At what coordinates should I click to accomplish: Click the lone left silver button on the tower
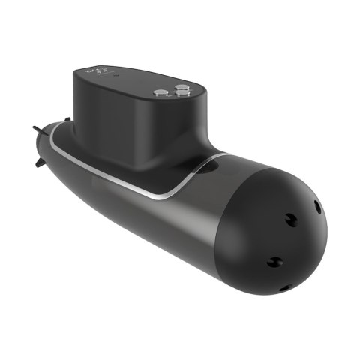pos(158,92)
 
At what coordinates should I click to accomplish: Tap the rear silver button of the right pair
pos(181,87)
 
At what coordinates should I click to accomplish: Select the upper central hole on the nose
pos(287,217)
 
